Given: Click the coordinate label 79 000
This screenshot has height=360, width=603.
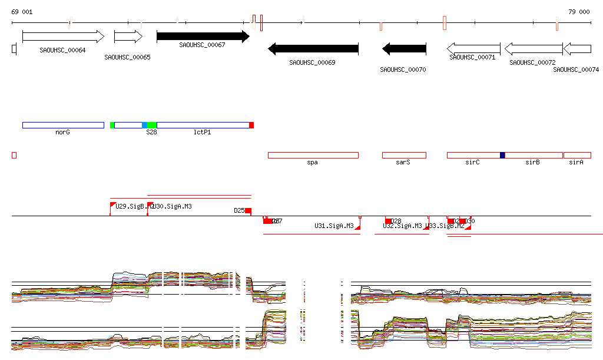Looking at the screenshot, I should (x=579, y=12).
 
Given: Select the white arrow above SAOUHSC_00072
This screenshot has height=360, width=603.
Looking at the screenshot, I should (x=534, y=48).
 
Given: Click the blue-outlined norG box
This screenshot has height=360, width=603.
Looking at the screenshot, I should (x=63, y=125).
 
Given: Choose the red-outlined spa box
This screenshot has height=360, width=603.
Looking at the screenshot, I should (x=313, y=155).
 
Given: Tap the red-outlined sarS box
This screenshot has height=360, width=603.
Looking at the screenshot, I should (x=404, y=155).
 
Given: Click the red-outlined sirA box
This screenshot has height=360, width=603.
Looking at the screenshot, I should (x=577, y=155).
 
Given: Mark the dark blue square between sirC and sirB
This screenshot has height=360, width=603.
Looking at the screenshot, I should (x=502, y=155).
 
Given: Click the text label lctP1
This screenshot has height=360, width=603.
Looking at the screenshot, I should (x=202, y=133).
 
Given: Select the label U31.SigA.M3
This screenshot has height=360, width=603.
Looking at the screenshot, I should (x=334, y=226).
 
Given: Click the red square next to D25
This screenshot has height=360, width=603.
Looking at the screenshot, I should (x=249, y=211).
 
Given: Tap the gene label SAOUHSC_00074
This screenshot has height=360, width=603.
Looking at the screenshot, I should (x=576, y=70).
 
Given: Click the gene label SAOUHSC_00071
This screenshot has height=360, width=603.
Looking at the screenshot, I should (x=472, y=57).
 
